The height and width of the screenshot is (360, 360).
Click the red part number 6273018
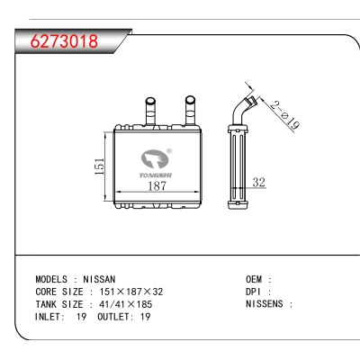click(64, 41)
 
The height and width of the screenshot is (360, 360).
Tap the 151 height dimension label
click(99, 166)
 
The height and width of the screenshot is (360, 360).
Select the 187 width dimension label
click(157, 186)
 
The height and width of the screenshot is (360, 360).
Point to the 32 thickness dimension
click(259, 182)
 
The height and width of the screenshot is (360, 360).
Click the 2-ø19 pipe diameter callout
click(284, 115)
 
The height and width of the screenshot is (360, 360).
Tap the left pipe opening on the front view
click(150, 100)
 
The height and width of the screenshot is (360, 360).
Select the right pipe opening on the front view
click(190, 99)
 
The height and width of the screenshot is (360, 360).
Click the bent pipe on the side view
click(242, 110)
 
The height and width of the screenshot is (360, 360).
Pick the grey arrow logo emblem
click(155, 158)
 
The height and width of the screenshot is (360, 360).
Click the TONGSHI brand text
click(156, 175)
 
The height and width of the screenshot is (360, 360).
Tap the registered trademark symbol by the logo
click(169, 151)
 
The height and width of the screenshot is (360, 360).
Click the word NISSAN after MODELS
click(99, 279)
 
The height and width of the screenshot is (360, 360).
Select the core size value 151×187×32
click(131, 292)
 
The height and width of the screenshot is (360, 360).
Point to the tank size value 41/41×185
click(125, 304)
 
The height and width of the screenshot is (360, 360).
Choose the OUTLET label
click(115, 317)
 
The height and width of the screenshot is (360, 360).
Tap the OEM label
click(254, 279)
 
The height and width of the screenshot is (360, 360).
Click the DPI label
click(254, 292)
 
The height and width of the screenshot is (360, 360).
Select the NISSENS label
click(265, 304)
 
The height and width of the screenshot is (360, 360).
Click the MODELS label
click(51, 279)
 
